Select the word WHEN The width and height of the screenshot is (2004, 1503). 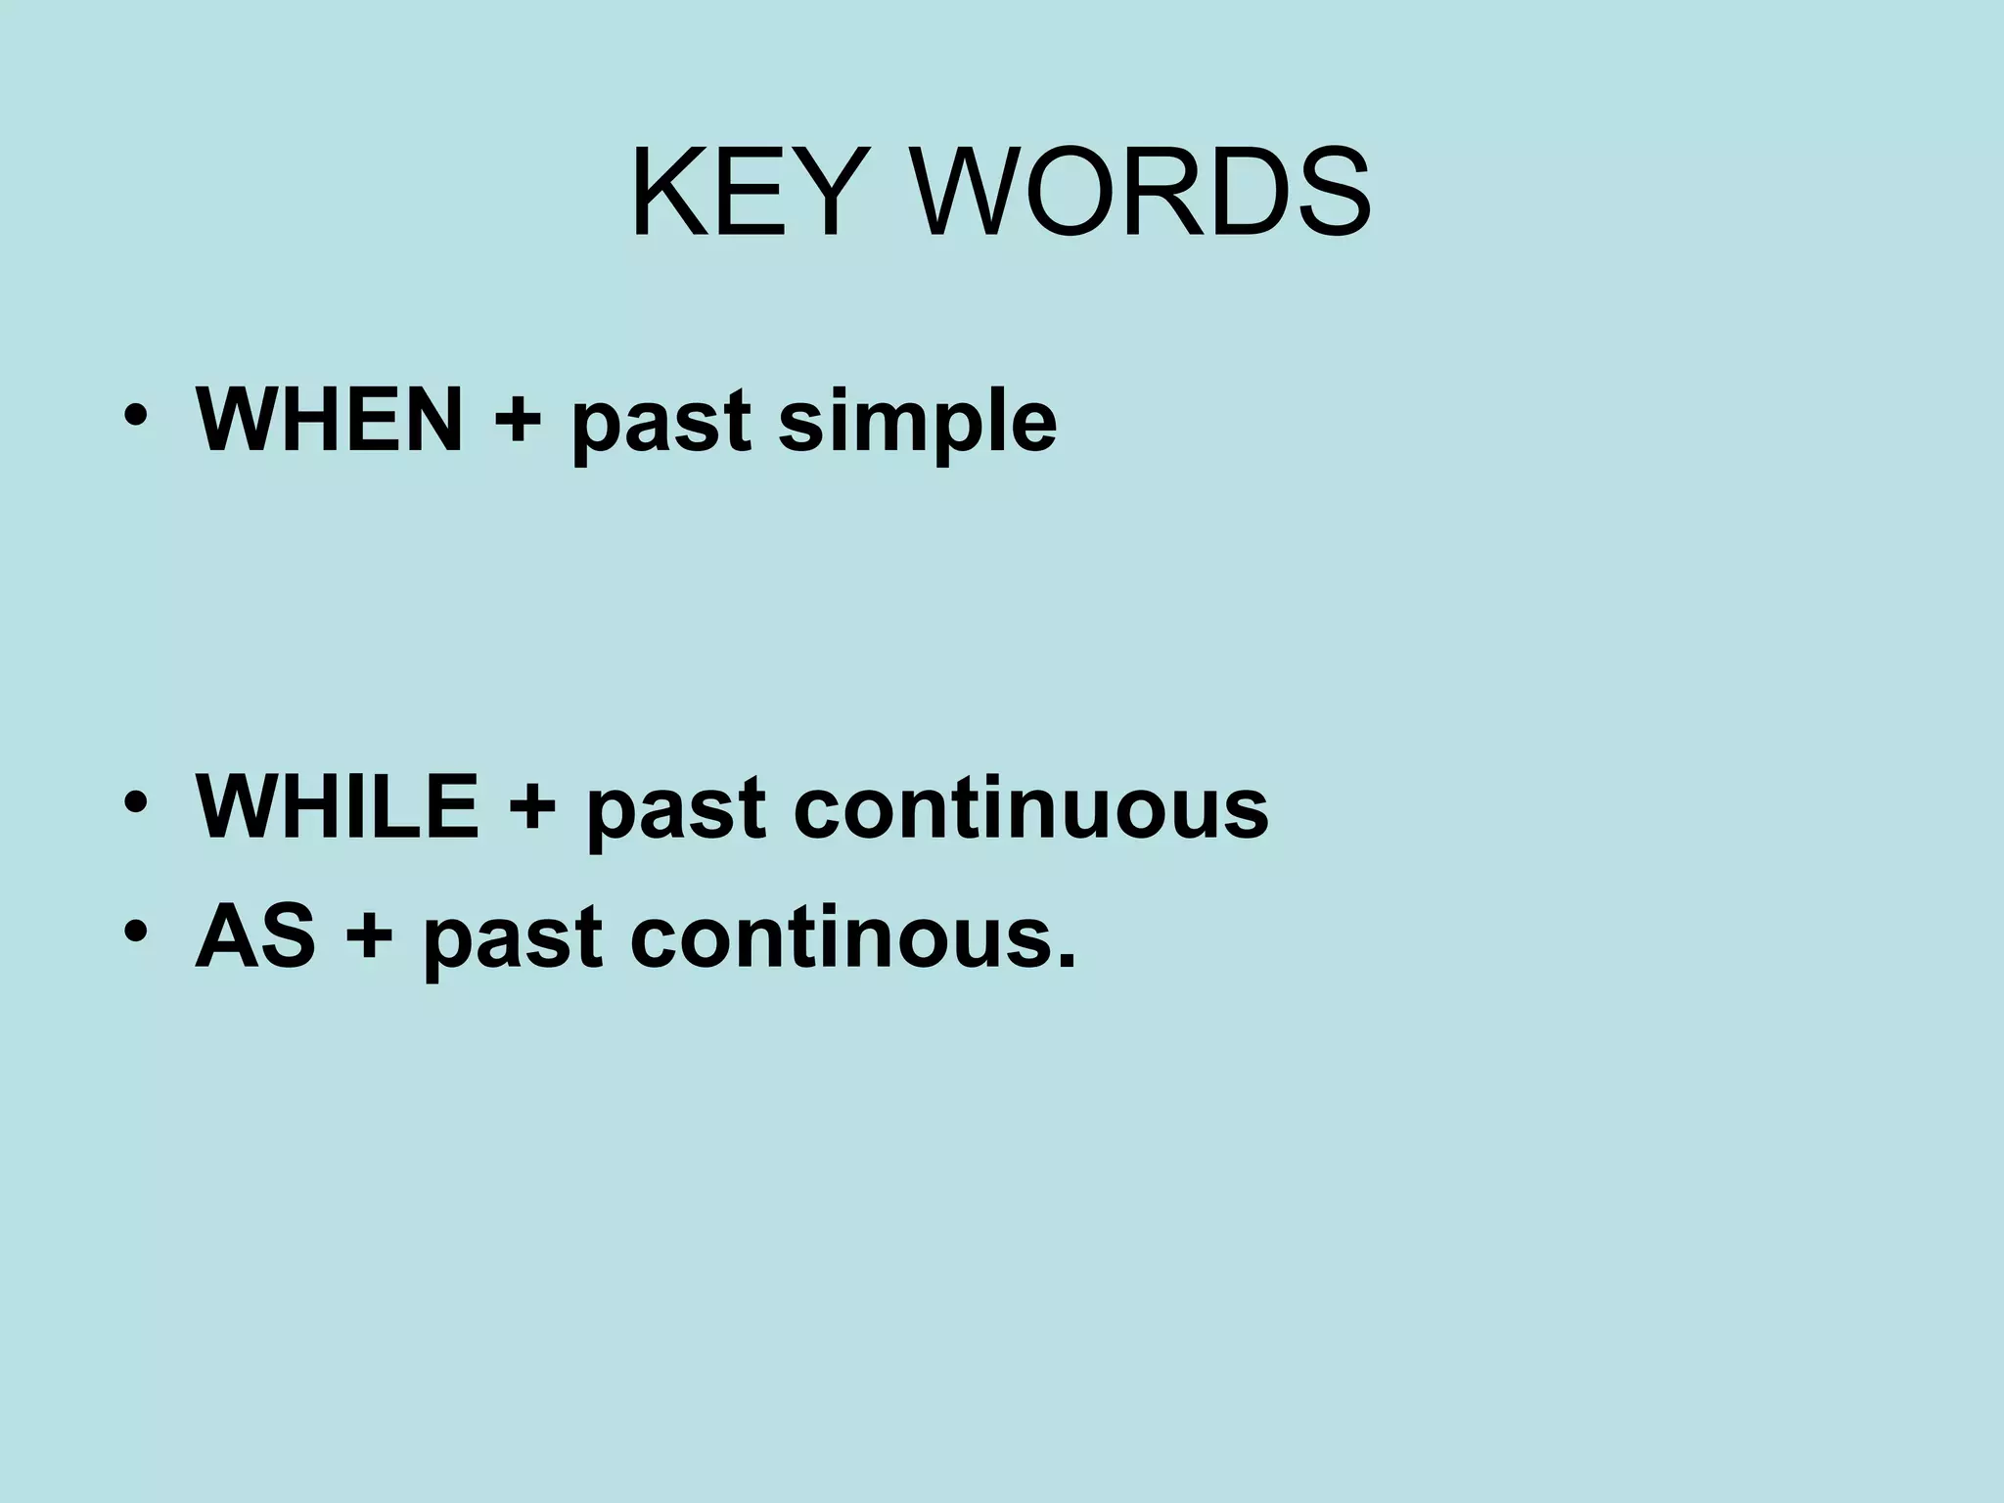point(330,420)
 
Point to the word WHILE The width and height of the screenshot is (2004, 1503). point(338,807)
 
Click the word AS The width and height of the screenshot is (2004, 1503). point(255,936)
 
